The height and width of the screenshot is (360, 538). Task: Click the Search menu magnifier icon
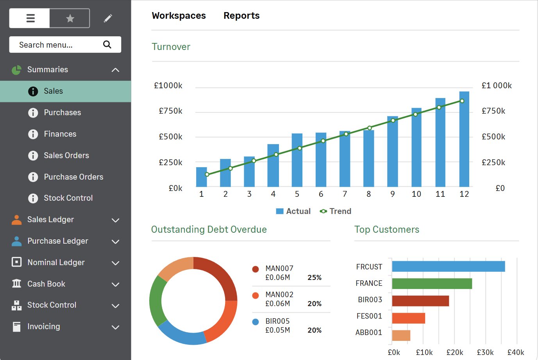click(x=107, y=45)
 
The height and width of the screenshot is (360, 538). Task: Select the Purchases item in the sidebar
click(x=62, y=112)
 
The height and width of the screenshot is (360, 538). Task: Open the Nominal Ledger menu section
click(x=56, y=262)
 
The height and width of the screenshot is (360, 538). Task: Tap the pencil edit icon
click(x=108, y=18)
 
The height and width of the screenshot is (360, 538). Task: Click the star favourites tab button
click(x=70, y=18)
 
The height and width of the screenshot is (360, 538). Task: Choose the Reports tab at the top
click(x=241, y=16)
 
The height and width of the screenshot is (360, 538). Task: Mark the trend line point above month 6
click(x=323, y=141)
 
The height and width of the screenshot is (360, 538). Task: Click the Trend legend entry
click(x=336, y=211)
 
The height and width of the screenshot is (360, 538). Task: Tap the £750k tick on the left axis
click(x=171, y=111)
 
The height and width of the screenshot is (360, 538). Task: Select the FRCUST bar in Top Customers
click(x=448, y=266)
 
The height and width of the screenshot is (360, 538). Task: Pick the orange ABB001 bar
click(x=401, y=335)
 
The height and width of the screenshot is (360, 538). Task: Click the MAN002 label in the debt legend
click(x=279, y=294)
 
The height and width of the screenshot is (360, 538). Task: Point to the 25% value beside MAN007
click(x=315, y=278)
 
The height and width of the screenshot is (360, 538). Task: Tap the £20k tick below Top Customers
click(x=455, y=352)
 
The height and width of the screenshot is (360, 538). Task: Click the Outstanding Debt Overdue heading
click(x=209, y=230)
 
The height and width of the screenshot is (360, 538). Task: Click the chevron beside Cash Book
click(x=115, y=284)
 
